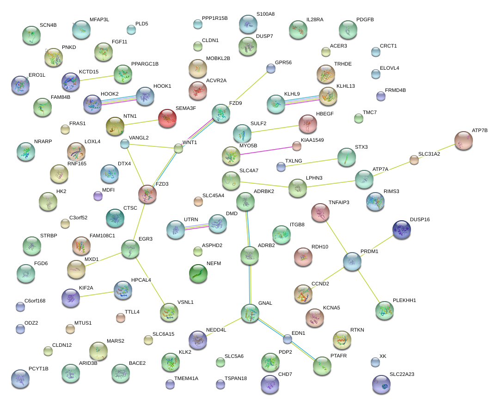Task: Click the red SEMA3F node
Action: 167,119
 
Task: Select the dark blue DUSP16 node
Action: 401,230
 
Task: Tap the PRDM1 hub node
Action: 352,261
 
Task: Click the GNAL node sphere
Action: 250,313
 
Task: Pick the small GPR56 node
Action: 270,69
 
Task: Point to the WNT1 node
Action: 178,148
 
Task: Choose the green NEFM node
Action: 198,273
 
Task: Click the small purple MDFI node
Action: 98,196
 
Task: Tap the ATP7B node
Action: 464,140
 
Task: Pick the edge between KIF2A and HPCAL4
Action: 97,293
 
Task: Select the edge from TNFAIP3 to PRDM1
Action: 336,236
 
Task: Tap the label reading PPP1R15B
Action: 215,18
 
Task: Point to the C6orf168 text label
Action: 35,301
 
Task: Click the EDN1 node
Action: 288,339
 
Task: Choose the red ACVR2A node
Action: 198,91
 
